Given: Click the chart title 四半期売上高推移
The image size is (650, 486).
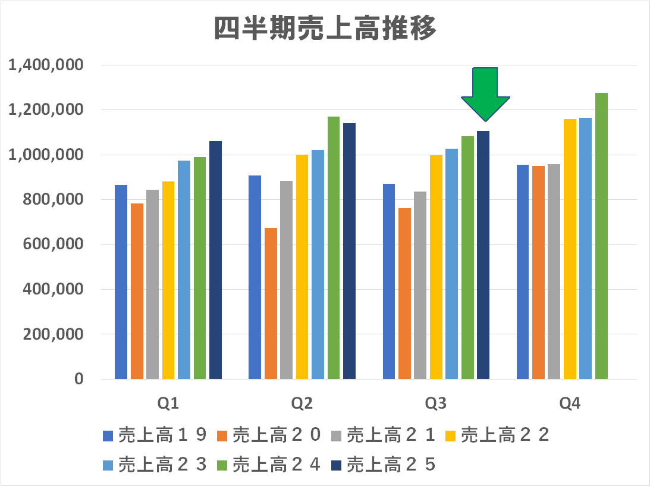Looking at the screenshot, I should pos(325,28).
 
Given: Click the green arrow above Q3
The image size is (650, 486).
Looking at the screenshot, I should pos(485,92).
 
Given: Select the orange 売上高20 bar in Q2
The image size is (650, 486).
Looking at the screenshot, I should pos(271,303).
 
